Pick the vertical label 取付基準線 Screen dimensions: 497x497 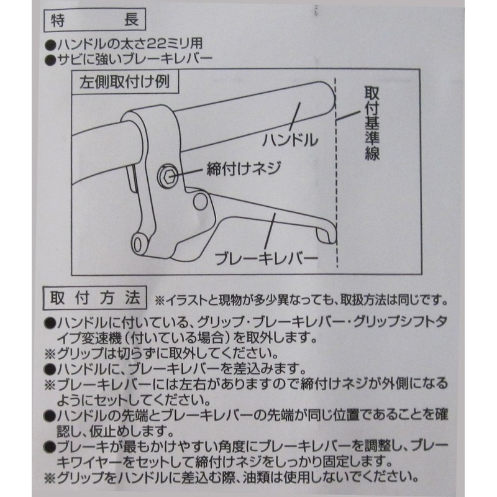click(x=372, y=124)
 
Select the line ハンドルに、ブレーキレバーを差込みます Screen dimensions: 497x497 click(x=174, y=369)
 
